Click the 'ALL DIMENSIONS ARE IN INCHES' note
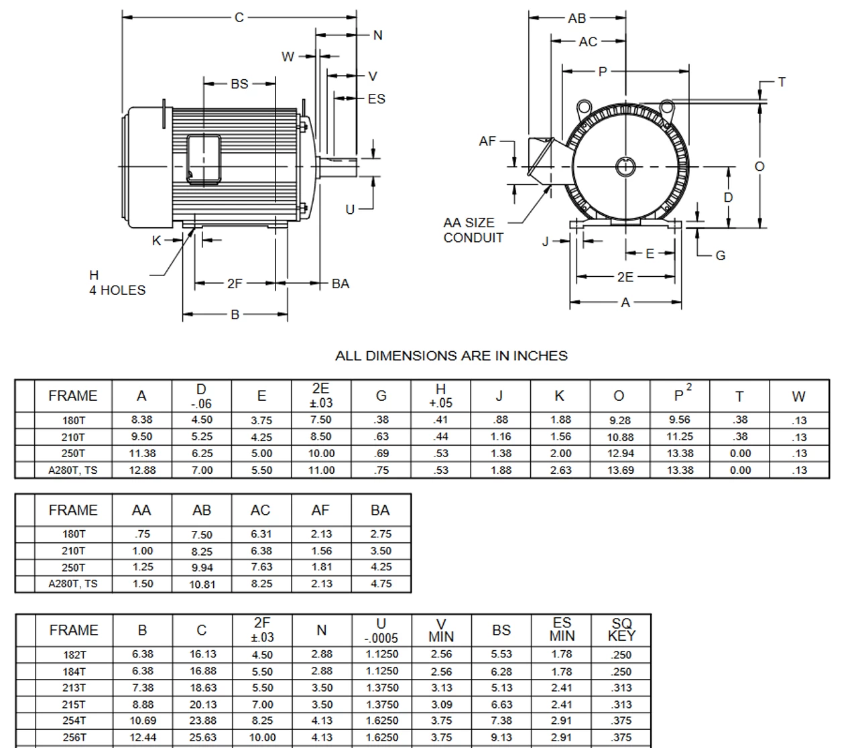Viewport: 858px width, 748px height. tap(451, 356)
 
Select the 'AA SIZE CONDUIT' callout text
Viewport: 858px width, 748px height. tap(473, 230)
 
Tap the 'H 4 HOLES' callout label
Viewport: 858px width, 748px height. tap(117, 283)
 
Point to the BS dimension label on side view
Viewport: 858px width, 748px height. tap(239, 84)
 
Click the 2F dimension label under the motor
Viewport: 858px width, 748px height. tap(235, 284)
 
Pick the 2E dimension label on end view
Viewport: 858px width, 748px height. tap(625, 276)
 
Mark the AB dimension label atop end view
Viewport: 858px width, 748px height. tap(576, 18)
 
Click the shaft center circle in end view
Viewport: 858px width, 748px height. tap(625, 166)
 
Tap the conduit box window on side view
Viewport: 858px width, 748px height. tap(203, 159)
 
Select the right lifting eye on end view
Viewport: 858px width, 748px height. tap(667, 107)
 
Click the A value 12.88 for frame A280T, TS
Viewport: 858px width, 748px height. tap(142, 470)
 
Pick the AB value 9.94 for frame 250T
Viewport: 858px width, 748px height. tap(202, 567)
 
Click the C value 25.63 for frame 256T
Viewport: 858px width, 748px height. tap(202, 737)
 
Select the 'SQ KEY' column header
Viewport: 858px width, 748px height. tap(621, 630)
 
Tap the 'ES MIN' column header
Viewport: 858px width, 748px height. tap(562, 630)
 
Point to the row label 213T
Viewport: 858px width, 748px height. tap(74, 688)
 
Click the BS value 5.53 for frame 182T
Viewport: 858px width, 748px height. tap(501, 654)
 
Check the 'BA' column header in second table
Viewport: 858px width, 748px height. tap(380, 510)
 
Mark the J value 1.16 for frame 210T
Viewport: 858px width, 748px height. tap(500, 436)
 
